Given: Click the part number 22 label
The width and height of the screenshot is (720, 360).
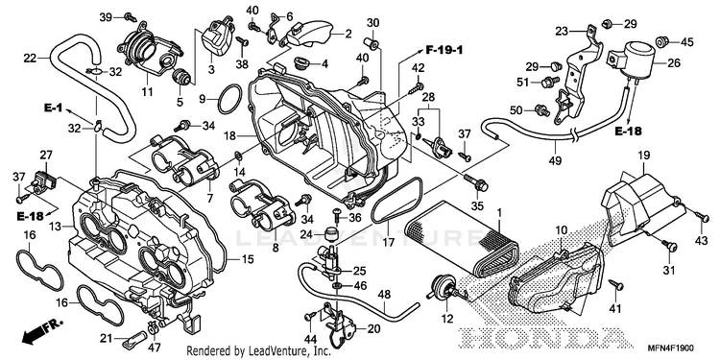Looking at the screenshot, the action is click(x=30, y=58).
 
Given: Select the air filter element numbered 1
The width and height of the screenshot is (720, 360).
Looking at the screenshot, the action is click(x=463, y=244).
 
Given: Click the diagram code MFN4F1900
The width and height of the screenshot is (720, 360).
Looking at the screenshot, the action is click(x=675, y=348).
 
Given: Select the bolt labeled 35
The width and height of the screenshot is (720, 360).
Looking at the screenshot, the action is click(x=476, y=182).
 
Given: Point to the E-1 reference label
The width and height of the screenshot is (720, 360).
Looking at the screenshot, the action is click(x=53, y=108).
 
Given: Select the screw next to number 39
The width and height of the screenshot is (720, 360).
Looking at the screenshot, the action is click(x=130, y=17).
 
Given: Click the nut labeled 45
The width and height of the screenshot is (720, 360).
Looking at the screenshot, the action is click(x=661, y=42).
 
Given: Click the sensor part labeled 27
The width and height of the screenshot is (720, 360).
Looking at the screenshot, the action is click(x=44, y=180).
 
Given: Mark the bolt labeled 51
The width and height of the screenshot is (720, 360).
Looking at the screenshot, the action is click(x=550, y=82).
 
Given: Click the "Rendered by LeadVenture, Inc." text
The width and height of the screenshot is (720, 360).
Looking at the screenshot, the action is click(x=258, y=351).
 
